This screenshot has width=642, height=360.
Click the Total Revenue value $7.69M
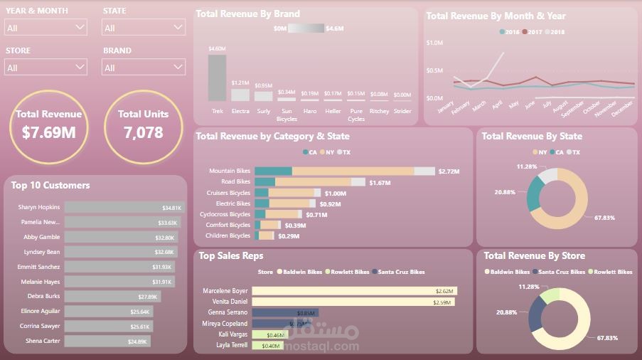pyautogui.click(x=48, y=132)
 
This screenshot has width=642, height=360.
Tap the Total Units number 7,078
pyautogui.click(x=143, y=132)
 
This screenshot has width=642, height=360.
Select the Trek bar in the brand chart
pyautogui.click(x=217, y=78)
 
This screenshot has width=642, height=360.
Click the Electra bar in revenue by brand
pyautogui.click(x=240, y=95)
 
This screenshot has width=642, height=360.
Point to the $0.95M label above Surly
pyautogui.click(x=263, y=85)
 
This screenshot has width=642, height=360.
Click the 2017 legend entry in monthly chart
pyautogui.click(x=534, y=32)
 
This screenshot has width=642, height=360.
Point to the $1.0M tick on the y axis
pyautogui.click(x=434, y=43)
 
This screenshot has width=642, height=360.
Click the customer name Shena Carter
pyautogui.click(x=42, y=341)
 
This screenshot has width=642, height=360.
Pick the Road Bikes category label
pyautogui.click(x=235, y=182)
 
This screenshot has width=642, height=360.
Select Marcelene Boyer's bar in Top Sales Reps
pyautogui.click(x=354, y=291)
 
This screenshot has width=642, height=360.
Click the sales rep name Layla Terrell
pyautogui.click(x=232, y=345)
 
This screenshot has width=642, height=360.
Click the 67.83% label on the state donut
pyautogui.click(x=604, y=218)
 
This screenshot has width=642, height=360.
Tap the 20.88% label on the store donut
pyautogui.click(x=505, y=312)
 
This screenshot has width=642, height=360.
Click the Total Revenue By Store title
pyautogui.click(x=534, y=256)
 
